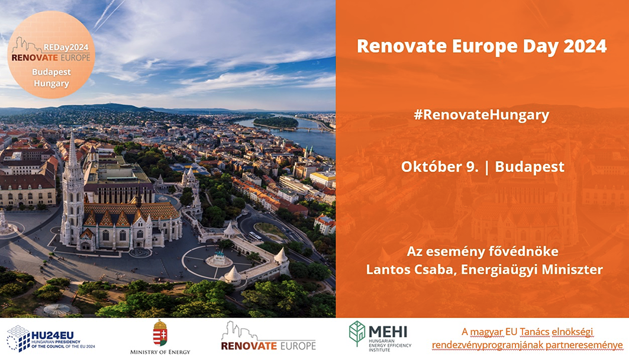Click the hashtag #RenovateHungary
click(x=482, y=115)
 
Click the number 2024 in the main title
click(x=585, y=46)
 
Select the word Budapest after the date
click(x=530, y=166)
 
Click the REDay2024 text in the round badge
click(x=66, y=47)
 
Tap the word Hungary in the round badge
click(x=51, y=84)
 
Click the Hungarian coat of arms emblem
click(x=160, y=333)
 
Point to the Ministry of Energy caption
click(x=160, y=352)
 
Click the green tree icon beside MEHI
click(x=357, y=333)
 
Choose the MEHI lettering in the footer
click(x=388, y=332)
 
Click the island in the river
click(x=276, y=121)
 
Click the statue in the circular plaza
click(x=219, y=258)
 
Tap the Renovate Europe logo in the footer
click(x=269, y=336)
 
